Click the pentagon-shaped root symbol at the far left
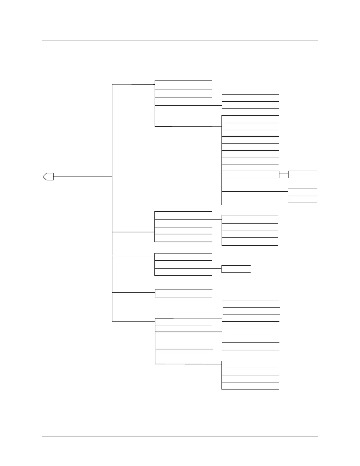point(49,177)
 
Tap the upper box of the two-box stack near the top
point(250,98)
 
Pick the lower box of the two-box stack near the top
point(250,105)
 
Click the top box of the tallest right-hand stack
point(250,119)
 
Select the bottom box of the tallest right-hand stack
point(250,202)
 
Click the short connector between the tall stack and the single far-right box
point(284,174)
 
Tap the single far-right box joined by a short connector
point(303,174)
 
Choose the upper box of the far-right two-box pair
point(303,192)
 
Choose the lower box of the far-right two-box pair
point(303,199)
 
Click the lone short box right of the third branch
point(236,269)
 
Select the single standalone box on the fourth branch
point(184,293)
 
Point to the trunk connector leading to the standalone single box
point(134,292)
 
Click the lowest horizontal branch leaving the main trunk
point(134,321)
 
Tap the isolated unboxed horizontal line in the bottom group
point(184,349)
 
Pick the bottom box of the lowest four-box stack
point(250,386)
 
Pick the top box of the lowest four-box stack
point(250,365)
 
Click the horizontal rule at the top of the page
point(180,41)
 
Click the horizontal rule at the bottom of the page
point(180,437)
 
